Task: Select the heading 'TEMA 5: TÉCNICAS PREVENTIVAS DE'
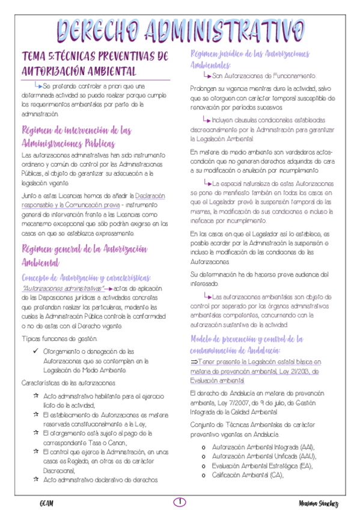click(95, 57)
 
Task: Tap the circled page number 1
click(180, 502)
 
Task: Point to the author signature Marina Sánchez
click(318, 503)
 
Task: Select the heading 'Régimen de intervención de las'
click(76, 131)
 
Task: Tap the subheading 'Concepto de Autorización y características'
click(86, 277)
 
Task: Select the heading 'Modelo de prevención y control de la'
click(246, 339)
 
